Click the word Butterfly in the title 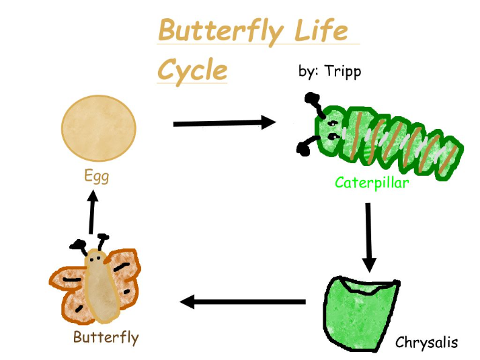(x=221, y=32)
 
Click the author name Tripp (x=343, y=72)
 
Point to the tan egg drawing (x=99, y=128)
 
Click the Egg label (x=96, y=177)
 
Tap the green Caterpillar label (x=372, y=183)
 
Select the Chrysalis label (x=426, y=343)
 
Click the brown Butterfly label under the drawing (x=106, y=338)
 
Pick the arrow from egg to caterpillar (x=225, y=123)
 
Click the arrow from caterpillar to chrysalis (x=368, y=237)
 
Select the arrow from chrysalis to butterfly (x=243, y=302)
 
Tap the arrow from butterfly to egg (x=92, y=212)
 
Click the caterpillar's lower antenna (x=307, y=145)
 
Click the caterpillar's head (x=330, y=132)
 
